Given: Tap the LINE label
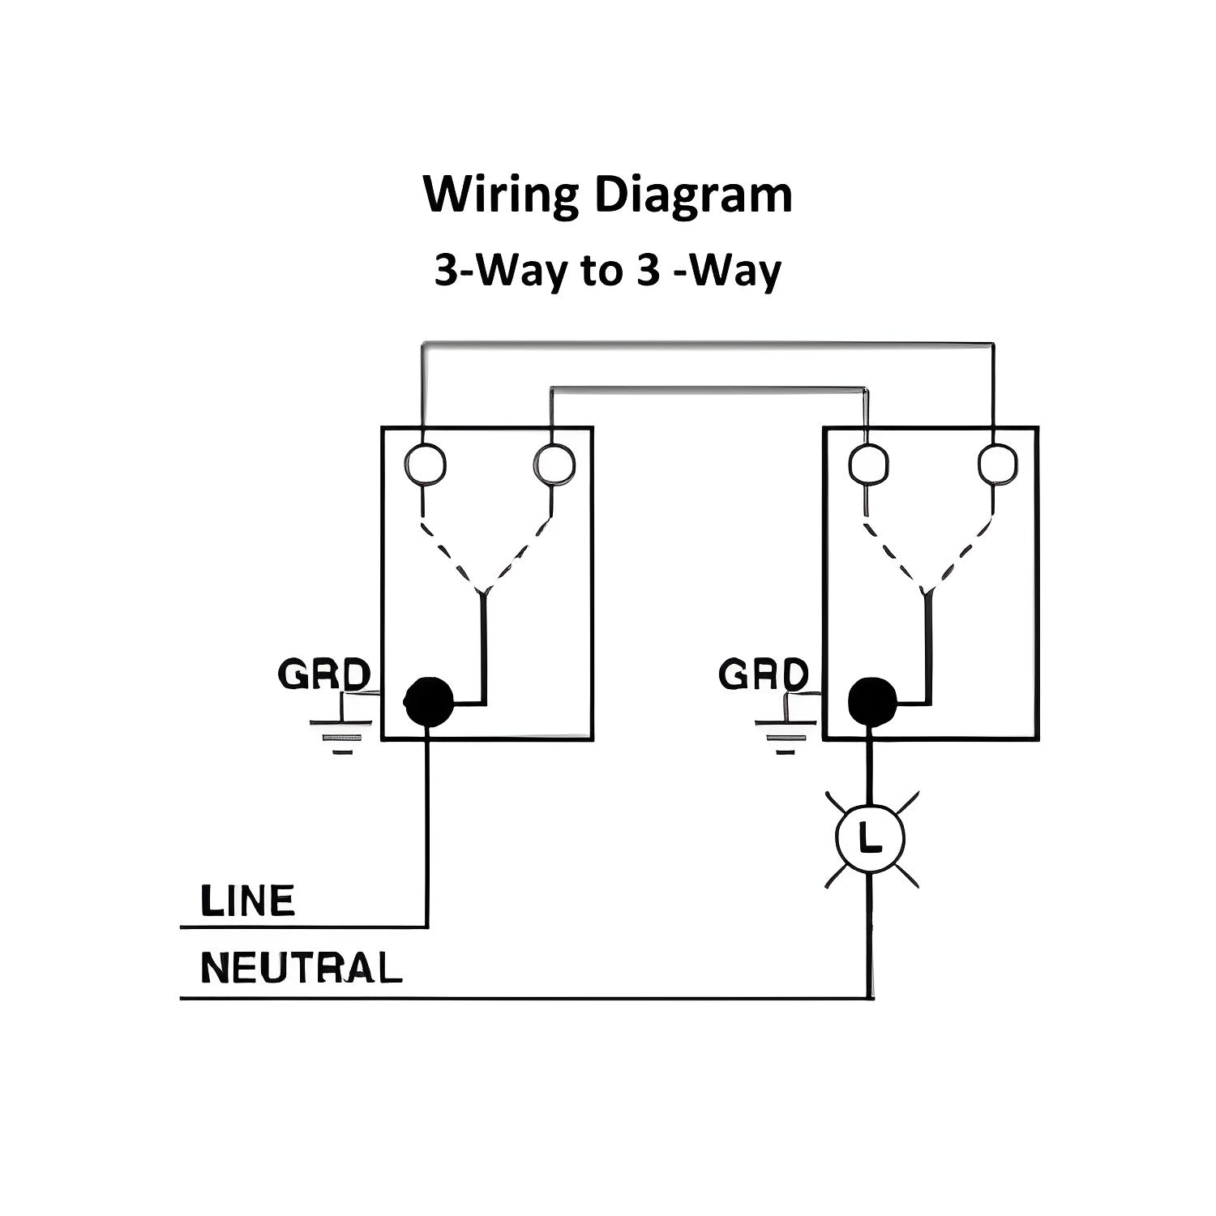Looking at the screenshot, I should coord(247,901).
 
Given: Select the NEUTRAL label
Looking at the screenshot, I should coord(301,968).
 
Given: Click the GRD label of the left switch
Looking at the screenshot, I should coord(323,674).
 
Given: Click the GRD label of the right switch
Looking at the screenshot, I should coord(764,674).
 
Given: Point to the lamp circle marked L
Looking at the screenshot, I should coord(871,841).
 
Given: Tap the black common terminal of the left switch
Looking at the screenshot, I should coord(428,701).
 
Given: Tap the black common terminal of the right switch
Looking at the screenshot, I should coord(872,701).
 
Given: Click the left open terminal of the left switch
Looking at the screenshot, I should coord(425,465).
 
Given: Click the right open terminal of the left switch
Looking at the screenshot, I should coord(554,465).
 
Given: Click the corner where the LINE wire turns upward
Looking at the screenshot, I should coord(426,926).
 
